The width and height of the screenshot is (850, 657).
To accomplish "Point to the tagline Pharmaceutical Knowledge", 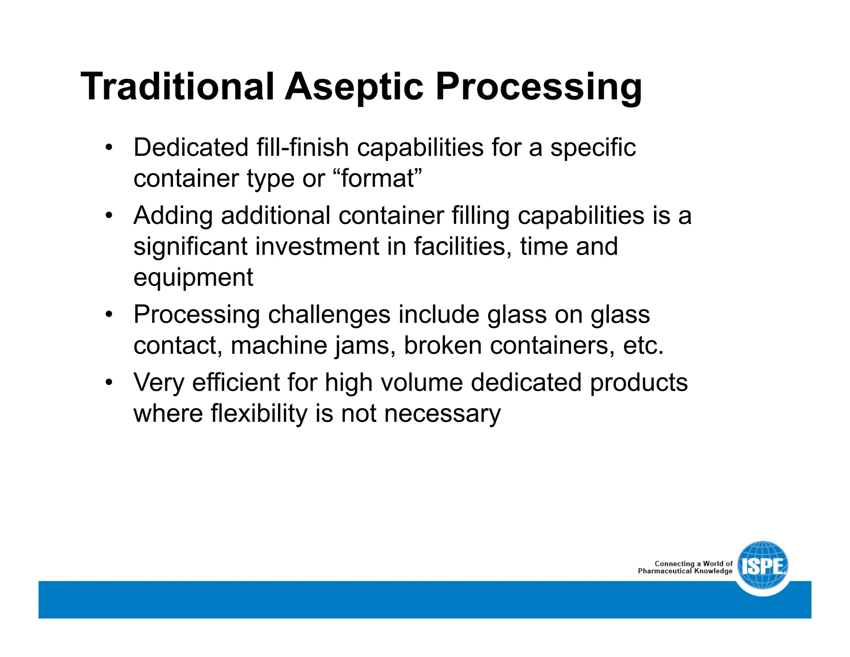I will [685, 571].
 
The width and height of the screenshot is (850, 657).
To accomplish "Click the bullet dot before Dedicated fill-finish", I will [109, 147].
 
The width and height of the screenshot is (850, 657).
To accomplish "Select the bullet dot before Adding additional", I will [109, 216].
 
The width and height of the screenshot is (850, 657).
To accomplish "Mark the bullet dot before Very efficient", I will [109, 382].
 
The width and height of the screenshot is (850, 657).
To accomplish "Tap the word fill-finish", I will [302, 147].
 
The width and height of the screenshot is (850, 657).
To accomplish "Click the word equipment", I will [193, 277].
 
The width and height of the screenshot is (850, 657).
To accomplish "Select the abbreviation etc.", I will [643, 346].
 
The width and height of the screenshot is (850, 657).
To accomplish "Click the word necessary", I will [442, 413].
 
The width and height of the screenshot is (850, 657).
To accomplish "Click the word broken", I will [442, 346].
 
